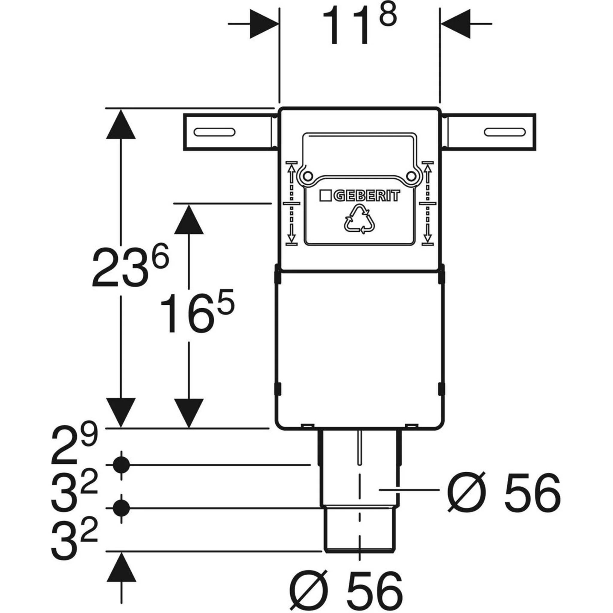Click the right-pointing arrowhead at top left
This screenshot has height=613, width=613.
(264, 24)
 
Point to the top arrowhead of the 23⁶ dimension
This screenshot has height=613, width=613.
(121, 124)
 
